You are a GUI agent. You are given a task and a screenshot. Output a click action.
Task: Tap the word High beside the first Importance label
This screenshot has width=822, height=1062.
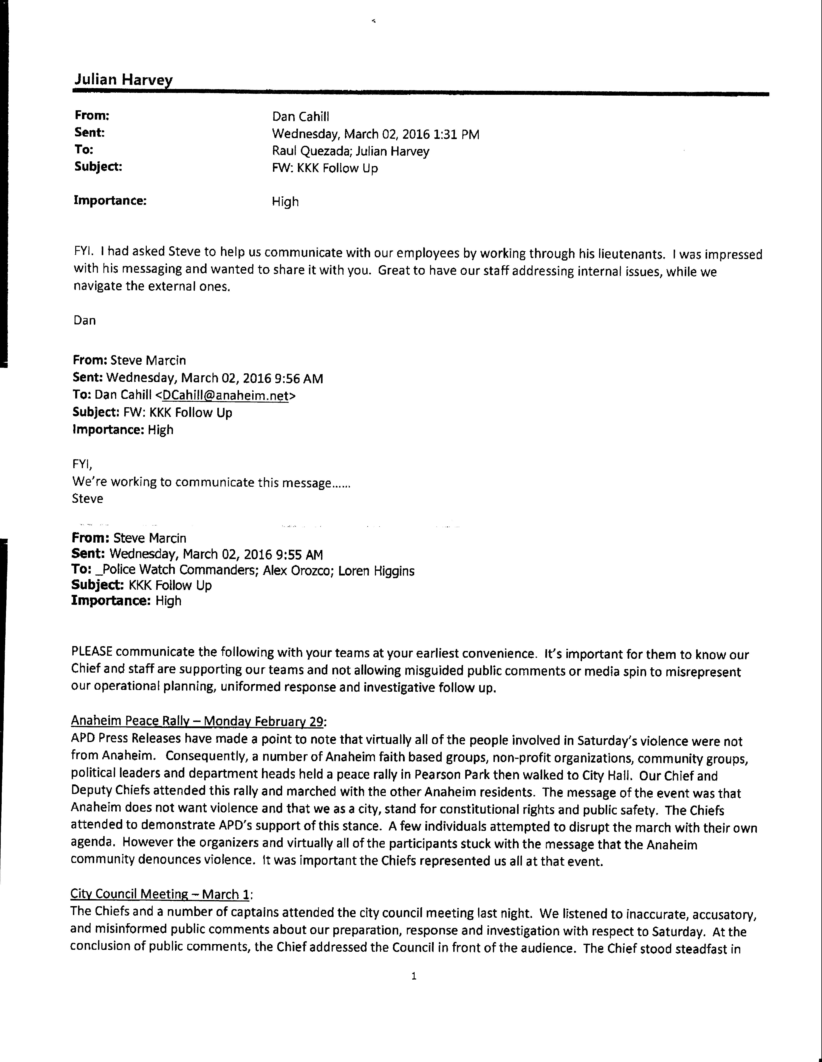[x=285, y=202]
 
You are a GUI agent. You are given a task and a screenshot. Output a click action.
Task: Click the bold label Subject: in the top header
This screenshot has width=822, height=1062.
[x=98, y=167]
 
